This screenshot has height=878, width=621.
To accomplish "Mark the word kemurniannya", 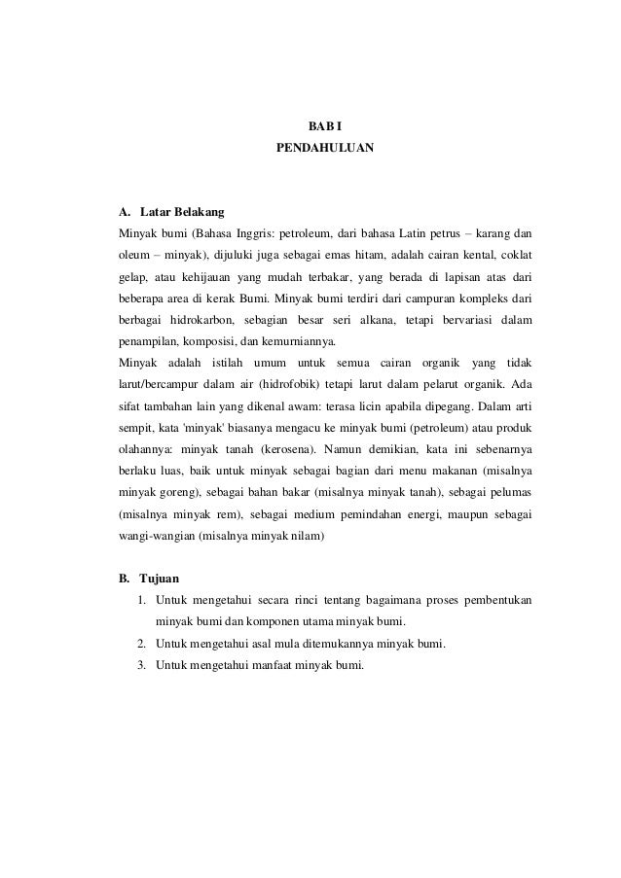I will [x=300, y=342].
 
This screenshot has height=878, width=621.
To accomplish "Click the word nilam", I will [x=313, y=538].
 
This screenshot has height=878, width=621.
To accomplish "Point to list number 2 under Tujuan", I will [x=142, y=644].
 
